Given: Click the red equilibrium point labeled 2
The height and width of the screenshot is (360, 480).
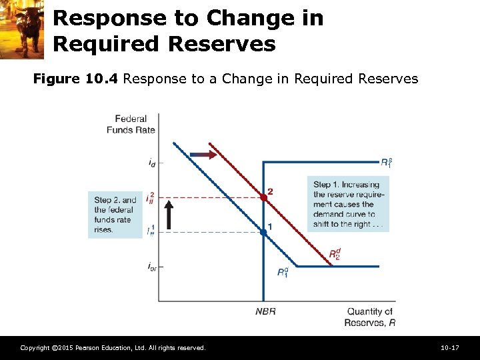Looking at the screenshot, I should [263, 197].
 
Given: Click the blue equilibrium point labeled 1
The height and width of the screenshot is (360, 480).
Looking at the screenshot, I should [263, 231].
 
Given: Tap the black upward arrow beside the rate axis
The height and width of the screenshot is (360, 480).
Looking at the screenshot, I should [169, 215].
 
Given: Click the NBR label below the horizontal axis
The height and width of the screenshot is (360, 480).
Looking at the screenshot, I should [265, 311].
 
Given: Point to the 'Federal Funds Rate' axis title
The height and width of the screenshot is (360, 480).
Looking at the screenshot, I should [131, 124].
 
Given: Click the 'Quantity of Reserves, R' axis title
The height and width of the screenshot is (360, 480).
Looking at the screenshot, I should [369, 317].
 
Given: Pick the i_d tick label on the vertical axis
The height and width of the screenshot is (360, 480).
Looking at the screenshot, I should [153, 162].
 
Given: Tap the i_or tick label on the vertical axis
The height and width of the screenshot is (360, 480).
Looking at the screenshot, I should [152, 267].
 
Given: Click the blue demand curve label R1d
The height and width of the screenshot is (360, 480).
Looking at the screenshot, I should [283, 272].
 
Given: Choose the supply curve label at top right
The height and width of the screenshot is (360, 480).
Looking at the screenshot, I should [386, 161].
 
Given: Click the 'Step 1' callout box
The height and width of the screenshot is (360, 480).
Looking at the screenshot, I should [348, 204].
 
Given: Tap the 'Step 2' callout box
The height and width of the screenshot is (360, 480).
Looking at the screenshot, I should [115, 215].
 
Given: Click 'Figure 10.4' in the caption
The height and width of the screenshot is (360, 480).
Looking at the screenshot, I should [76, 79].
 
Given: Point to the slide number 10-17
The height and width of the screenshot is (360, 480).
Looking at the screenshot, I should [450, 348].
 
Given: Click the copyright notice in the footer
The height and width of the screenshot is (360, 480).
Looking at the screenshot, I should [113, 348].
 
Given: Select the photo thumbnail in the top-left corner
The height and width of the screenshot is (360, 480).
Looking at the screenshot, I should [22, 29].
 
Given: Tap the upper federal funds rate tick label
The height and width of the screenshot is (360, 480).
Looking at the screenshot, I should [152, 198].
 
